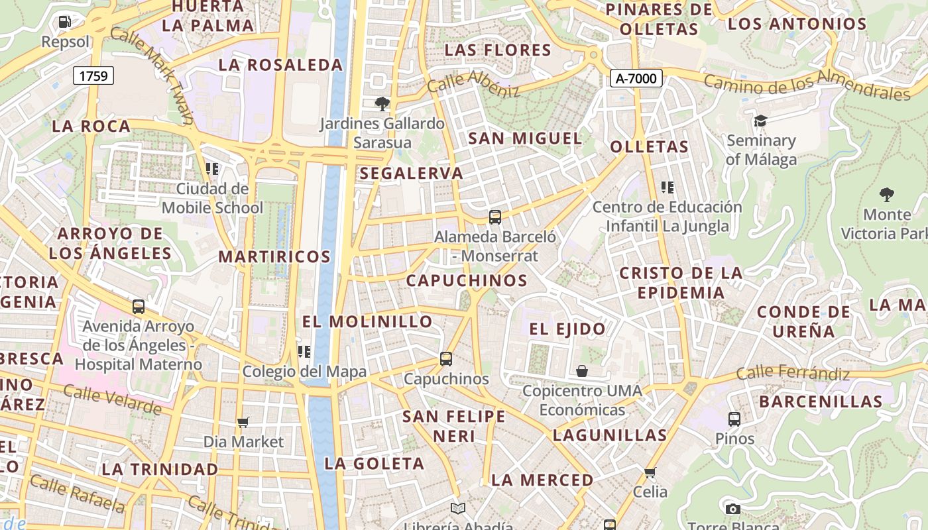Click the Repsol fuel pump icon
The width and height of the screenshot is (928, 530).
pyautogui.click(x=64, y=22)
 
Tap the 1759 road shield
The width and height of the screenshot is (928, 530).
pyautogui.click(x=93, y=76)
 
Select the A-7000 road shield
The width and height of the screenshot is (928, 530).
pyautogui.click(x=636, y=78)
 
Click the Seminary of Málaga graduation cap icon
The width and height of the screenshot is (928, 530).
pyautogui.click(x=760, y=121)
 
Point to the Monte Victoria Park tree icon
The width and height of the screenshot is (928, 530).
pyautogui.click(x=886, y=194)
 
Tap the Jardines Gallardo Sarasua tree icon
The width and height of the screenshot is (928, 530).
pyautogui.click(x=382, y=103)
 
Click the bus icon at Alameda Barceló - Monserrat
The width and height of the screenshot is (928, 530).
pyautogui.click(x=494, y=217)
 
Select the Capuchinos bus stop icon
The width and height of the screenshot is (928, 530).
pyautogui.click(x=446, y=359)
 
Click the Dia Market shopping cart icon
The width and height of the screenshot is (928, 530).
pyautogui.click(x=243, y=422)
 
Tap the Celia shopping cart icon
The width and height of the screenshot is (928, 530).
pyautogui.click(x=650, y=472)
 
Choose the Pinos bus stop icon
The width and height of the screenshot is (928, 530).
pyautogui.click(x=734, y=419)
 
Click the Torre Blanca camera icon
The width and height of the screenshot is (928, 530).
pyautogui.click(x=732, y=509)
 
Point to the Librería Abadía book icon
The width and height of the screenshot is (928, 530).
pyautogui.click(x=458, y=508)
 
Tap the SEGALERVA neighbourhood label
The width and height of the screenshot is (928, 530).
pyautogui.click(x=411, y=174)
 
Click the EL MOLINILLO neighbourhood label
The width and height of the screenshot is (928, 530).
pyautogui.click(x=367, y=322)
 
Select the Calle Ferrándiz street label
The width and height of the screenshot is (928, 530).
pyautogui.click(x=793, y=374)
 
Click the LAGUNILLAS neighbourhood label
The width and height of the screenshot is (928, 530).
pyautogui.click(x=610, y=435)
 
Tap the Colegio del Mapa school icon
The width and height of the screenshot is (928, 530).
pyautogui.click(x=304, y=351)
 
